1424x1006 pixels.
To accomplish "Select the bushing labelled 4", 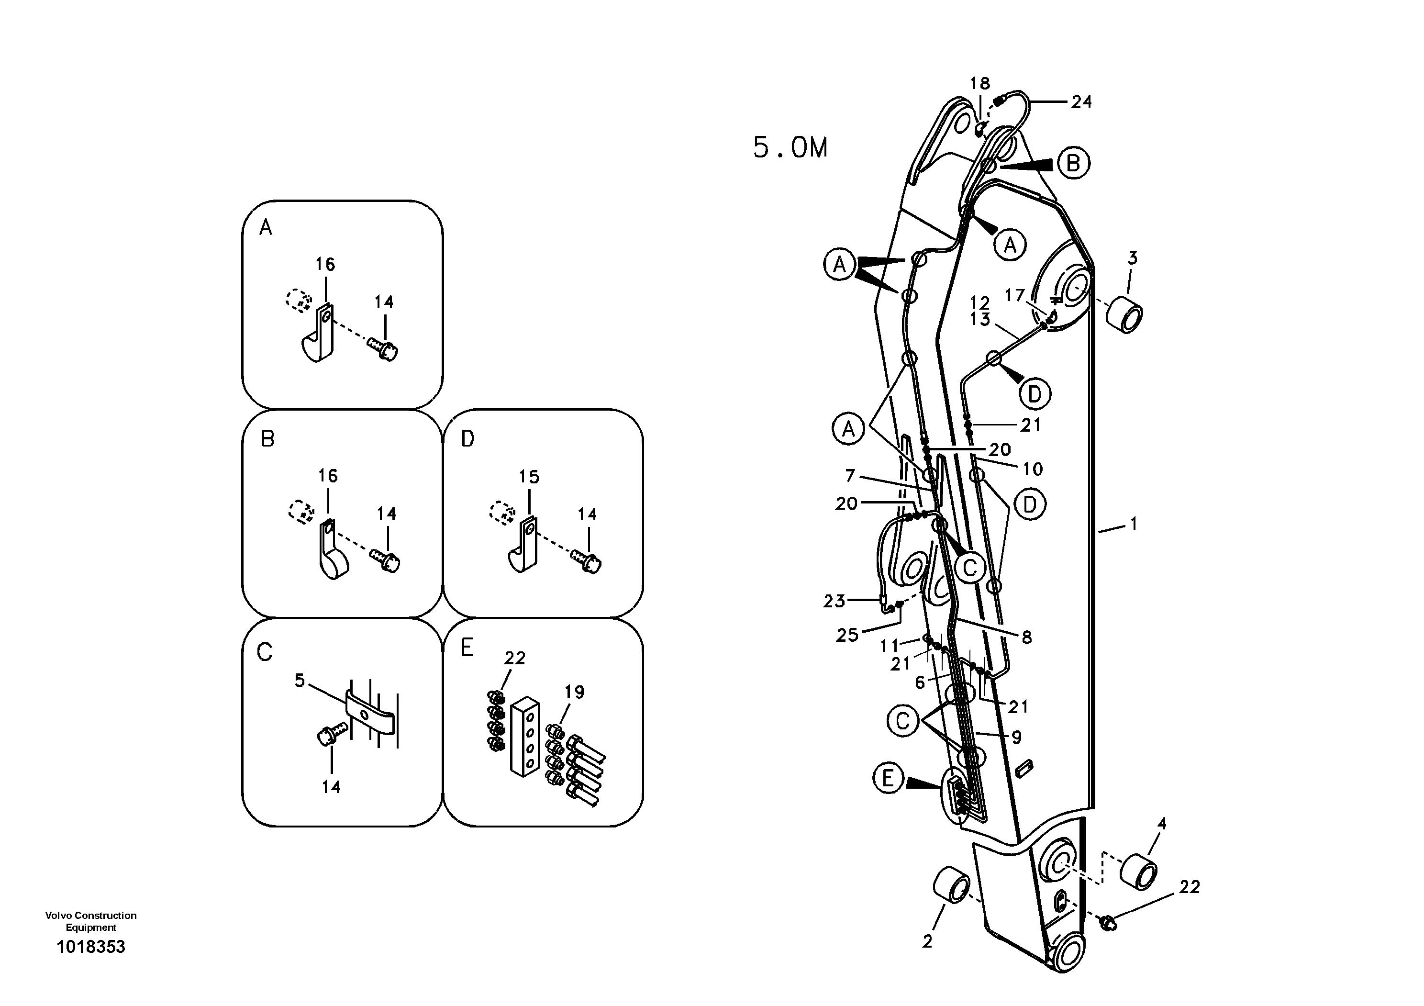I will click(1139, 871).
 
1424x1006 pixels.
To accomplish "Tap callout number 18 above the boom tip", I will click(980, 83).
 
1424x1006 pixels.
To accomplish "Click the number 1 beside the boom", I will click(1134, 524).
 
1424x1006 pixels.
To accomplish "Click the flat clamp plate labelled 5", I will click(370, 713).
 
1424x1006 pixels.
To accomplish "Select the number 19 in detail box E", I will click(574, 692).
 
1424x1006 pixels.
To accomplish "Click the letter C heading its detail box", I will click(265, 652).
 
